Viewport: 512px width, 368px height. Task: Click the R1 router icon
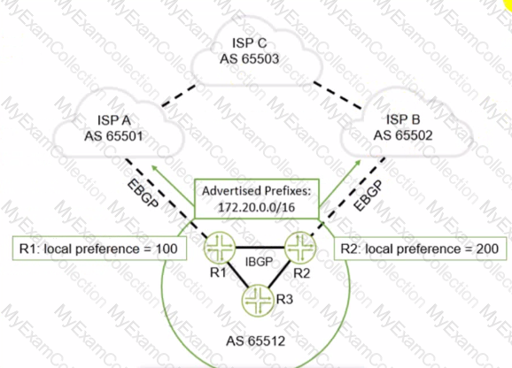point(220,248)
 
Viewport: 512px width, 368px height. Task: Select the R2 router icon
point(300,248)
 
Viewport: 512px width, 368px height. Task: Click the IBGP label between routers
point(259,262)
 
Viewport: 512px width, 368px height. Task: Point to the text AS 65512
point(256,341)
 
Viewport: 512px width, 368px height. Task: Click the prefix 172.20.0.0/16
point(256,207)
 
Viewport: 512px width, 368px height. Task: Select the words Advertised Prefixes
point(255,191)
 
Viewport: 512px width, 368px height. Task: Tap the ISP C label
point(250,43)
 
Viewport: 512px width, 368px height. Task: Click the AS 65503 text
point(250,59)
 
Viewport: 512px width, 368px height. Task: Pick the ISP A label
point(114,120)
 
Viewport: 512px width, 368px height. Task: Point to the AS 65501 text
point(113,136)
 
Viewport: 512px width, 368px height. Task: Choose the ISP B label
point(403,119)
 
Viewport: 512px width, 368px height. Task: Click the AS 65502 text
point(403,135)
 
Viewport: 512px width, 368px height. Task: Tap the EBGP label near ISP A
point(143,194)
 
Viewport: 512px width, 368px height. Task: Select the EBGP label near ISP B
point(368,195)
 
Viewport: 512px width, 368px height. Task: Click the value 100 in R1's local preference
point(167,249)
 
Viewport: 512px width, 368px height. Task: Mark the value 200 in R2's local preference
point(487,249)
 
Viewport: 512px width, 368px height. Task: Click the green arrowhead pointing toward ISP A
point(154,167)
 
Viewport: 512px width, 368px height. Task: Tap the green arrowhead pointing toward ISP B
point(358,163)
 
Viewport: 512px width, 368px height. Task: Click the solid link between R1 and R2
point(260,248)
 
